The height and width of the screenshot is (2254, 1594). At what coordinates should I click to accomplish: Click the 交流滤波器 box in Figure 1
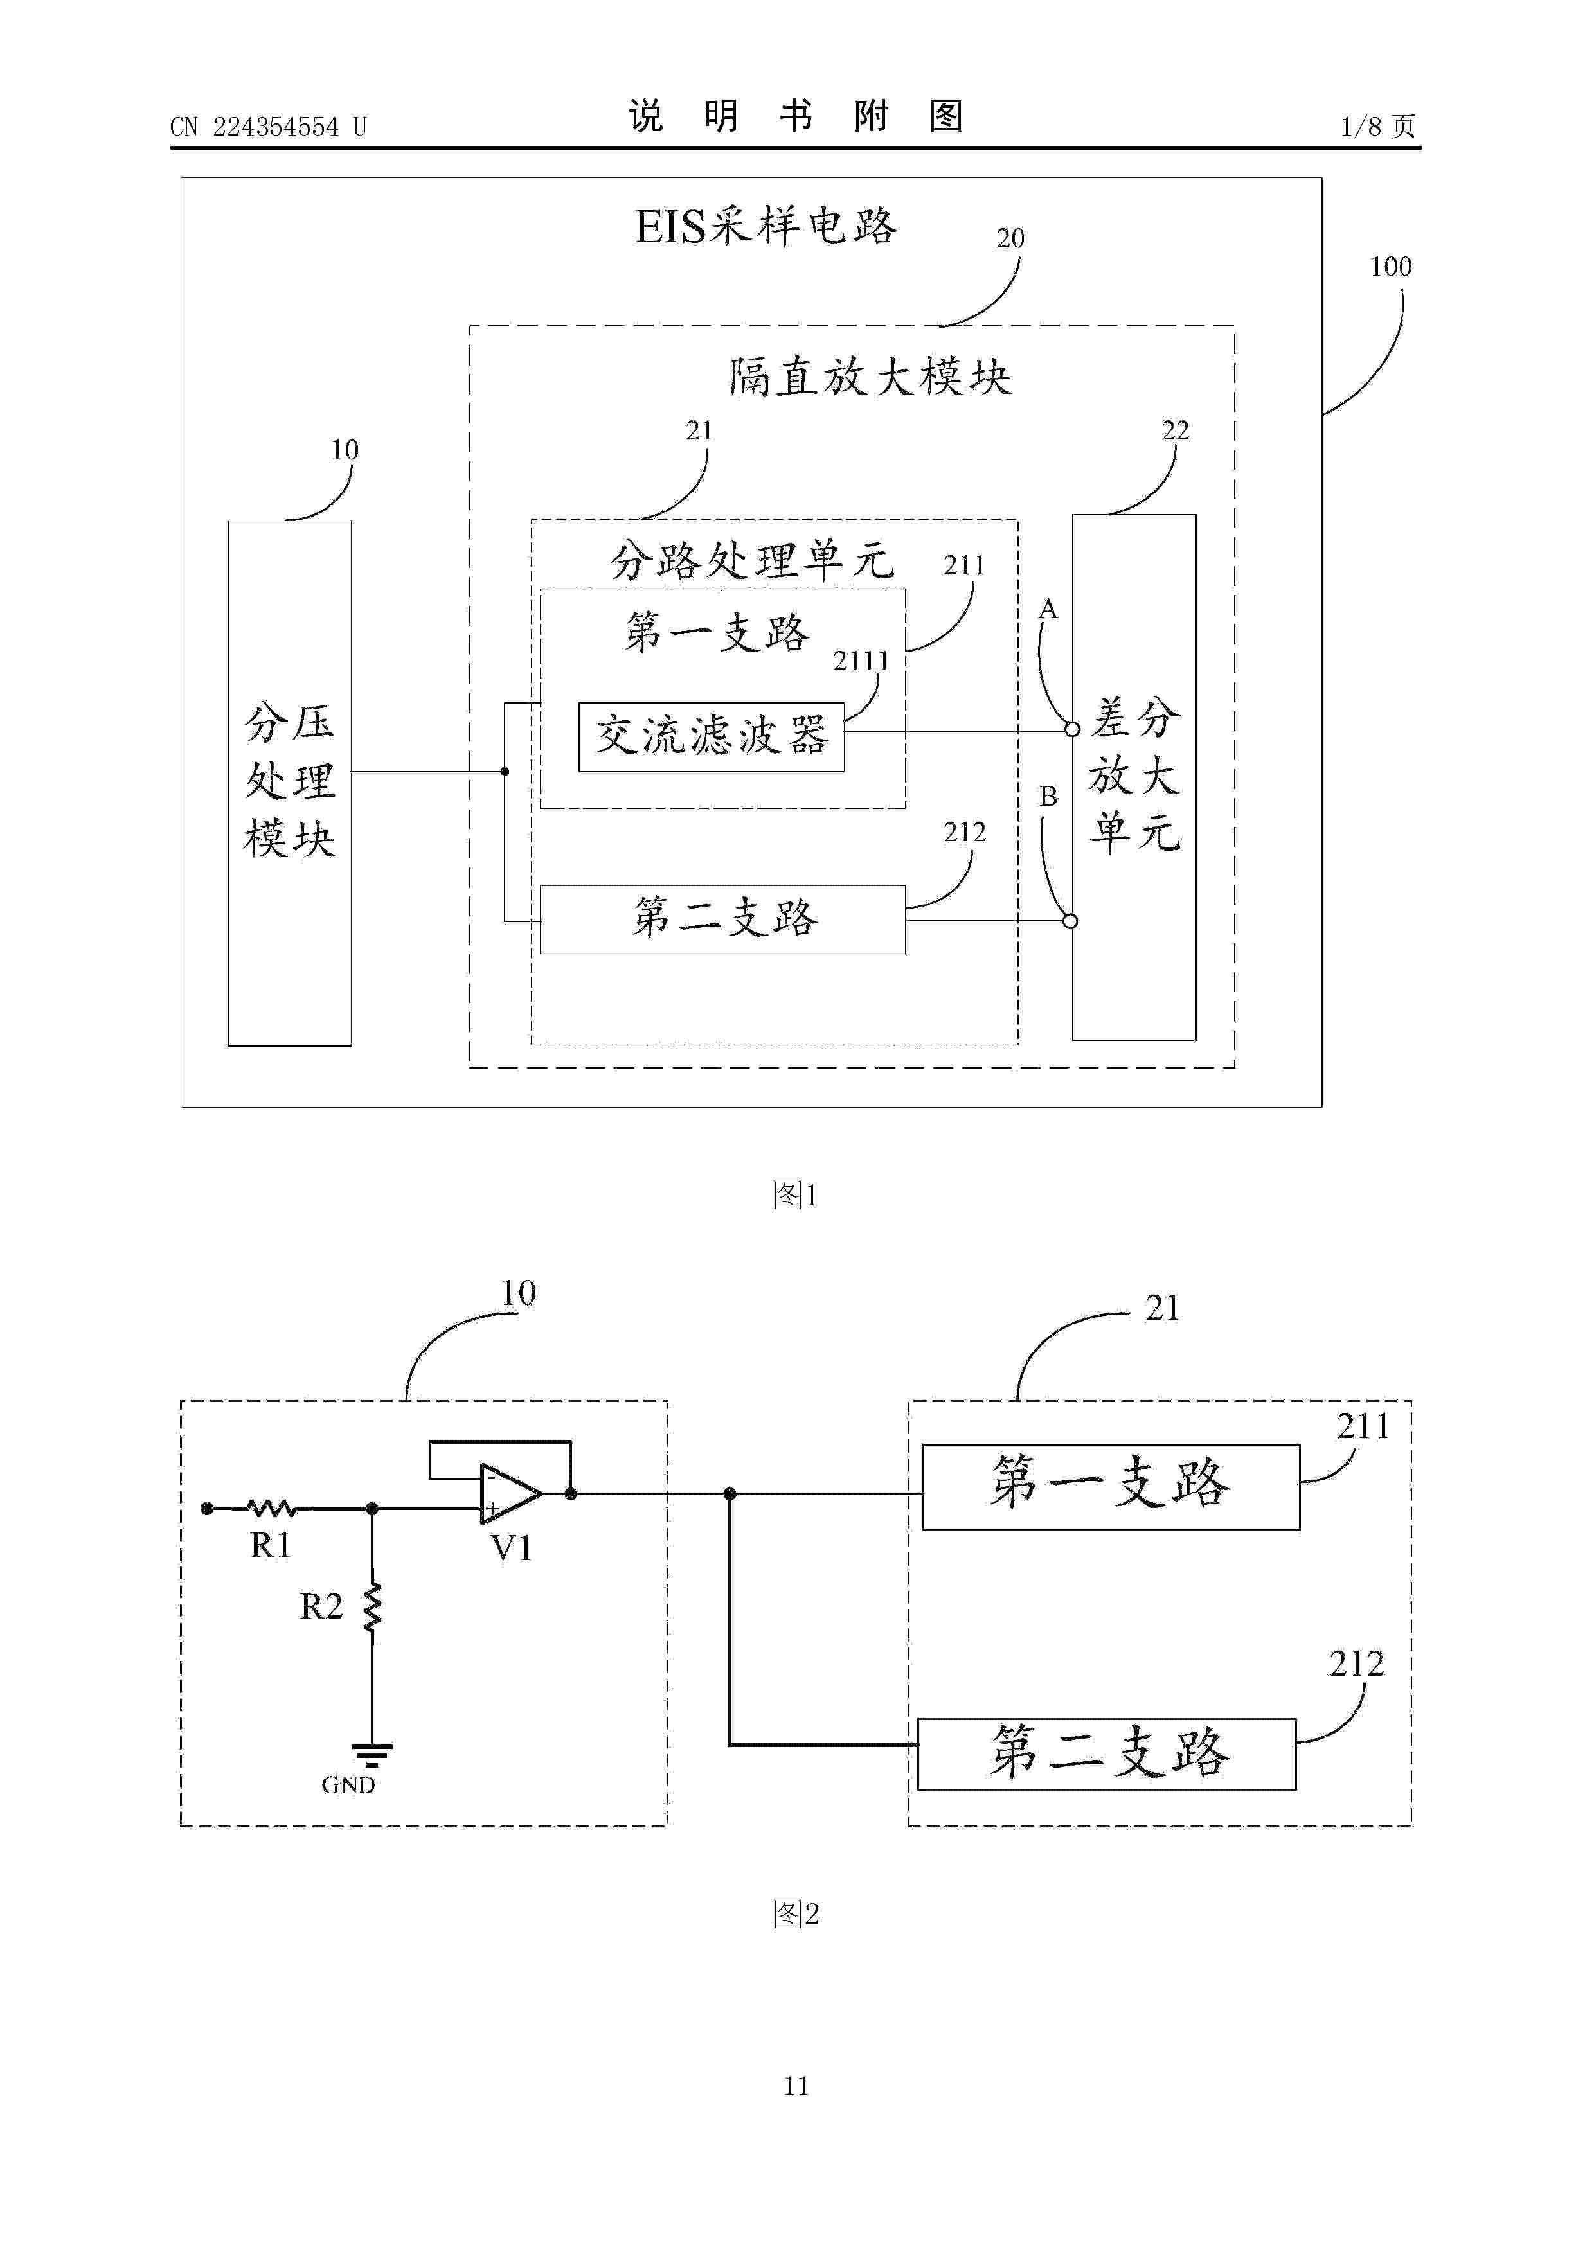click(x=711, y=736)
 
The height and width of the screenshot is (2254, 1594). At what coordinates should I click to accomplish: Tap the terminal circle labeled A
click(x=1073, y=729)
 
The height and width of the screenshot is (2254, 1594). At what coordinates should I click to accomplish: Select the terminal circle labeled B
click(x=1071, y=921)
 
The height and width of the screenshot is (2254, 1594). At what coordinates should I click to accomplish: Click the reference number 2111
click(x=861, y=662)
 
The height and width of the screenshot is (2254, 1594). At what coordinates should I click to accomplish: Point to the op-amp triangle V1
click(x=510, y=1493)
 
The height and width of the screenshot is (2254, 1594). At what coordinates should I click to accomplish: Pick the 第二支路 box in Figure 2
click(x=1107, y=1753)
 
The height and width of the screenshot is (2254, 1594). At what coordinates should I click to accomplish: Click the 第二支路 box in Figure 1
click(x=723, y=919)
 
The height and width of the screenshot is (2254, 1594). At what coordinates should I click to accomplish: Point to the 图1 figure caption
click(x=796, y=1194)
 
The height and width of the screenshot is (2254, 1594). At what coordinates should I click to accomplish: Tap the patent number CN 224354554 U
click(x=268, y=127)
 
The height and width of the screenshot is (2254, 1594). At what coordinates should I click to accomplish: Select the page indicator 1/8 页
click(x=1378, y=126)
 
